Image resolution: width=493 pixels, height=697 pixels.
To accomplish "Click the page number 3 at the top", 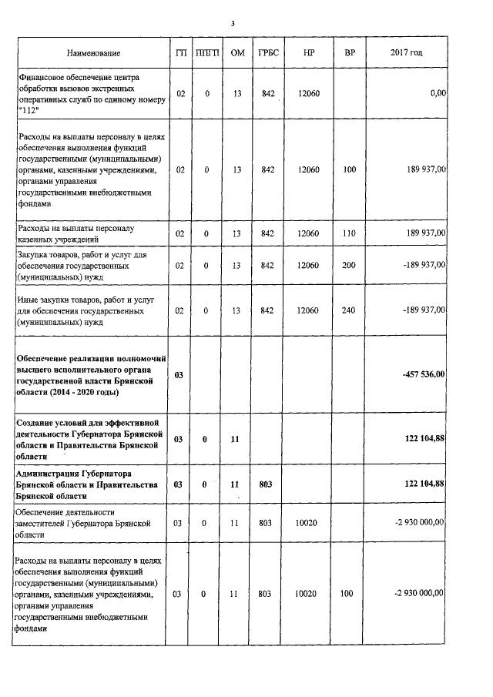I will tap(233, 24).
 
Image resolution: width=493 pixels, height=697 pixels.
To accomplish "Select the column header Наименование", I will tap(93, 53).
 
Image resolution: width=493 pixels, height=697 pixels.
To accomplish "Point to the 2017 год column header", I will tap(406, 53).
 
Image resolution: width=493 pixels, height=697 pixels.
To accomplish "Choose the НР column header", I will tap(308, 53).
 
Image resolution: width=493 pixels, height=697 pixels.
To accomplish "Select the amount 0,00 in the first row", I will tap(438, 93).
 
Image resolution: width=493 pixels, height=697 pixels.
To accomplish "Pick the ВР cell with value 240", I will tap(350, 310).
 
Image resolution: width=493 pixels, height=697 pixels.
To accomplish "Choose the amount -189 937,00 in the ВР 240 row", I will tap(419, 310).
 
